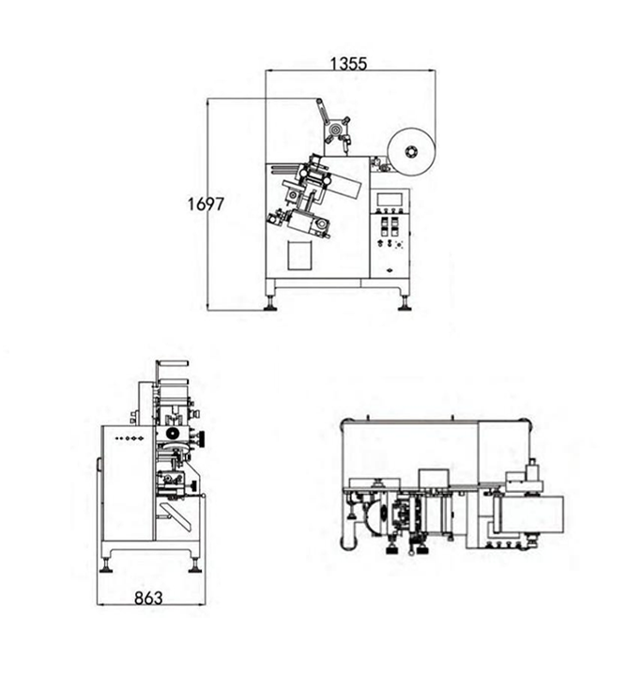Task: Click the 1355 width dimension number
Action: (x=348, y=64)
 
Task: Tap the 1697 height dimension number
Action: (x=206, y=204)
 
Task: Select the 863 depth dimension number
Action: (x=148, y=598)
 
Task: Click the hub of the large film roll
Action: (x=411, y=152)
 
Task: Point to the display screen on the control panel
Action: (x=390, y=200)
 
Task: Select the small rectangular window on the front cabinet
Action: (x=299, y=255)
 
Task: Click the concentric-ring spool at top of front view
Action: (x=335, y=129)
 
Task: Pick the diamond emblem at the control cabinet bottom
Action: (x=390, y=270)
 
